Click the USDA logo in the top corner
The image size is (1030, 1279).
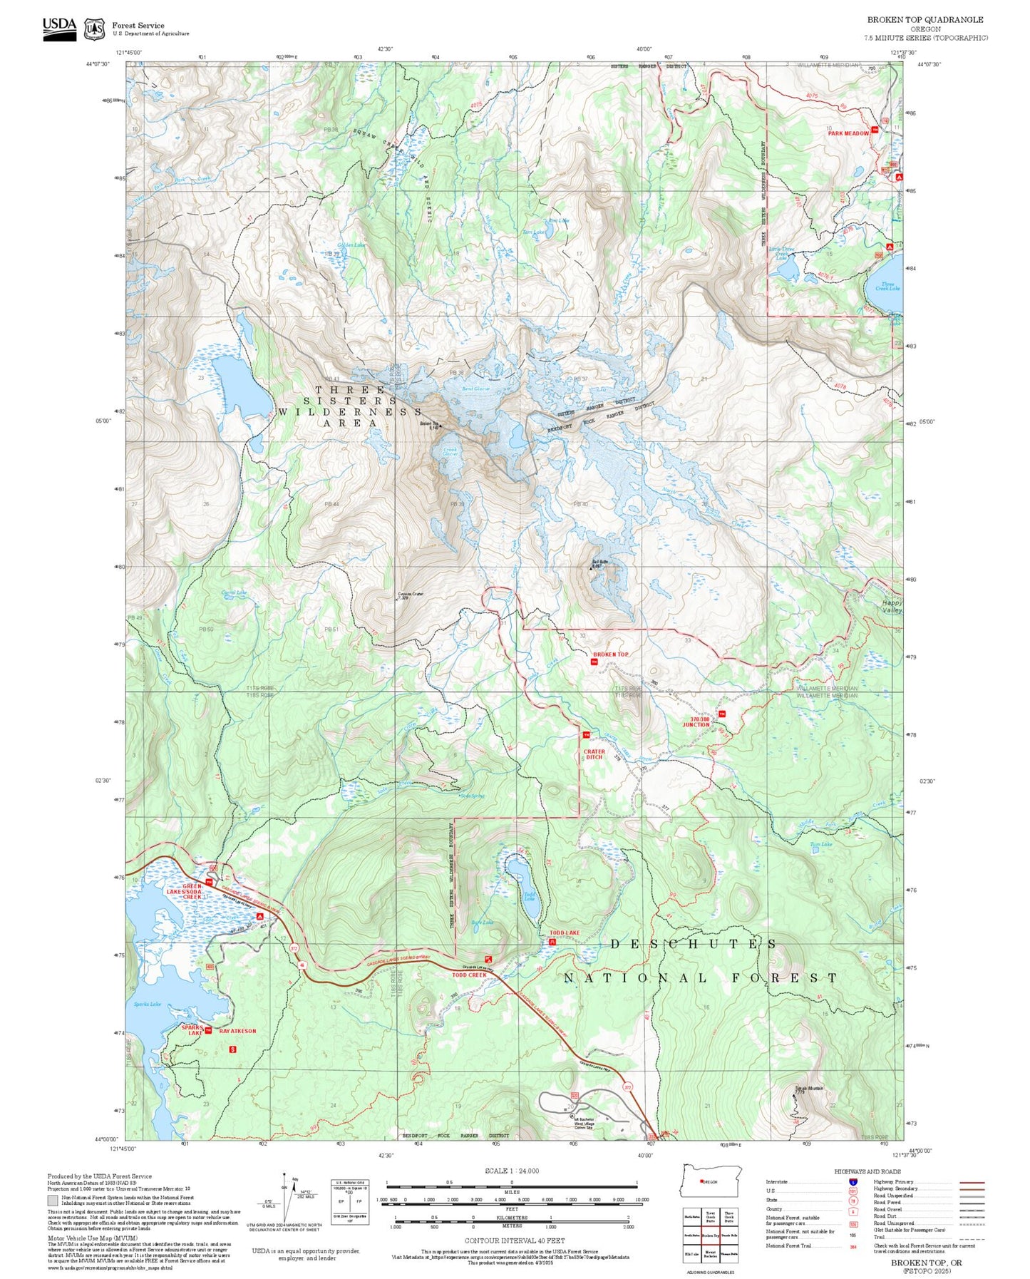[59, 28]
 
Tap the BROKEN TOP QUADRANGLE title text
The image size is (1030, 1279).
[925, 20]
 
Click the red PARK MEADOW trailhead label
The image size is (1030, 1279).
[848, 133]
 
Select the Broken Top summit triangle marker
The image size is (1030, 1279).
[441, 426]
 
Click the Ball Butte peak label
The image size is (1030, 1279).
[599, 563]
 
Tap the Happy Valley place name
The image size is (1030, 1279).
[892, 607]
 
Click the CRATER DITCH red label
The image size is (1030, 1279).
[594, 754]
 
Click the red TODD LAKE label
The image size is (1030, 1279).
[564, 933]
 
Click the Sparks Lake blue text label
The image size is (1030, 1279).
[148, 1004]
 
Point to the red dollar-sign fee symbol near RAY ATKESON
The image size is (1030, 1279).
[232, 1049]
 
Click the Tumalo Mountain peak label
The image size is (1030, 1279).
[808, 1089]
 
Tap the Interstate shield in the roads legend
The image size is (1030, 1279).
[853, 1182]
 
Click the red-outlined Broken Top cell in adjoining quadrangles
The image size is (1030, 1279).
[710, 1236]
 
